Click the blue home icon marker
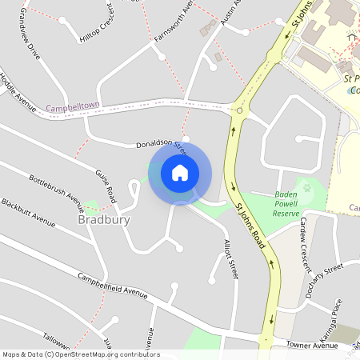pos(179,173)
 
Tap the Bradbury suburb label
pos(104,219)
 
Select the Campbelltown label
pos(71,107)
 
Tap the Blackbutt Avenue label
pos(28,213)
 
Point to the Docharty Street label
pos(323,273)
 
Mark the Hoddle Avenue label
pos(19,91)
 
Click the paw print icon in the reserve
pos(306,188)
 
